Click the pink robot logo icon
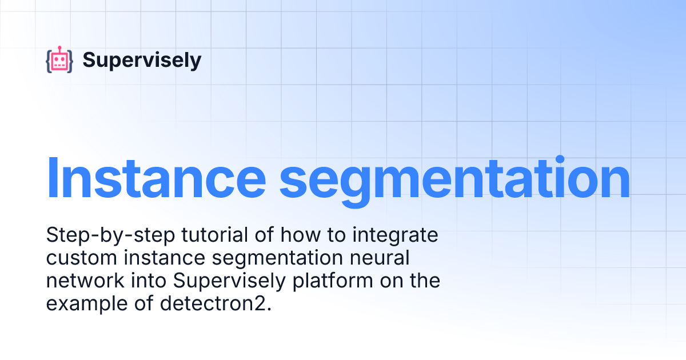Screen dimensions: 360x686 pos(59,60)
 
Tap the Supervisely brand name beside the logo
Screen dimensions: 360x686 pos(142,60)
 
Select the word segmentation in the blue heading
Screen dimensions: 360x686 pos(454,178)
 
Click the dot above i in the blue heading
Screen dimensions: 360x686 pos(560,159)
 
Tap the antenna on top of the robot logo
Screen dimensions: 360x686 pos(59,48)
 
